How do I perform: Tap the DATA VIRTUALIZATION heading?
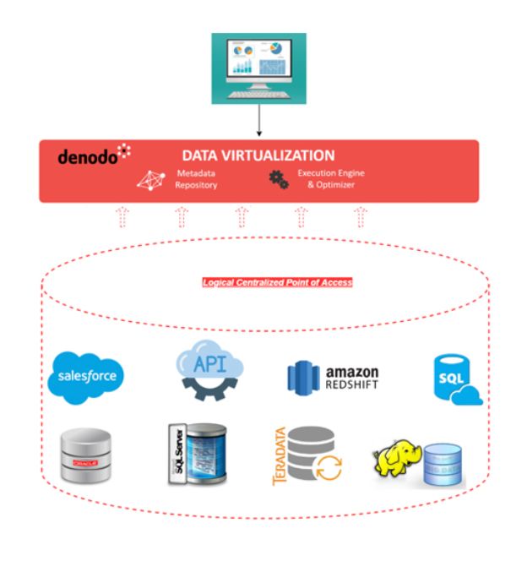pos(258,155)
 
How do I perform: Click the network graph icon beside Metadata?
pos(150,179)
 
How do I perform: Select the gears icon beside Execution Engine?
pos(278,179)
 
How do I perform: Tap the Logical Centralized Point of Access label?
pos(277,282)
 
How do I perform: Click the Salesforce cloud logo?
pos(86,374)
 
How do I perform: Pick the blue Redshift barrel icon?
pos(302,377)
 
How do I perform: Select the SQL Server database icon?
pos(197,453)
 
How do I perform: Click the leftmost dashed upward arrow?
pos(122,218)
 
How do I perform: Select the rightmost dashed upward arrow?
pos(361,218)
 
